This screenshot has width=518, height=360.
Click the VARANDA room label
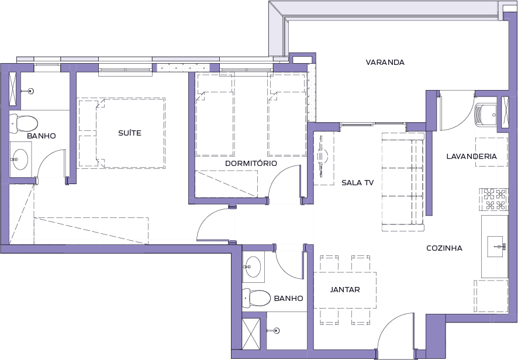click(x=385, y=62)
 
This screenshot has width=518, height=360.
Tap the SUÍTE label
click(x=130, y=133)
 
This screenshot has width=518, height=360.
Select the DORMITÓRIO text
click(x=251, y=163)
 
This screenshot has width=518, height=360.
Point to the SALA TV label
click(x=357, y=183)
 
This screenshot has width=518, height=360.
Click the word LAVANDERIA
click(x=471, y=156)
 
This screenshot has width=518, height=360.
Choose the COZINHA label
click(x=444, y=248)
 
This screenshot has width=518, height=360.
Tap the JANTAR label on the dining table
click(x=345, y=290)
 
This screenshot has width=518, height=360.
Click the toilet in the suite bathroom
click(x=23, y=123)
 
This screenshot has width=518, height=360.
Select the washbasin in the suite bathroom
click(x=20, y=160)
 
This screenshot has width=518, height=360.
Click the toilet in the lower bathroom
click(x=257, y=297)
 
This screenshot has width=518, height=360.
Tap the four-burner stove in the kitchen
click(x=493, y=199)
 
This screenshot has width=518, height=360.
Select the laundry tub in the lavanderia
click(x=486, y=115)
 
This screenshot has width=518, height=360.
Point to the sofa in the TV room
click(x=403, y=182)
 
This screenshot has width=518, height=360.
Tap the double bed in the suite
click(x=122, y=133)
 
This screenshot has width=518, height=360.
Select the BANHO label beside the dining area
click(x=288, y=298)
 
